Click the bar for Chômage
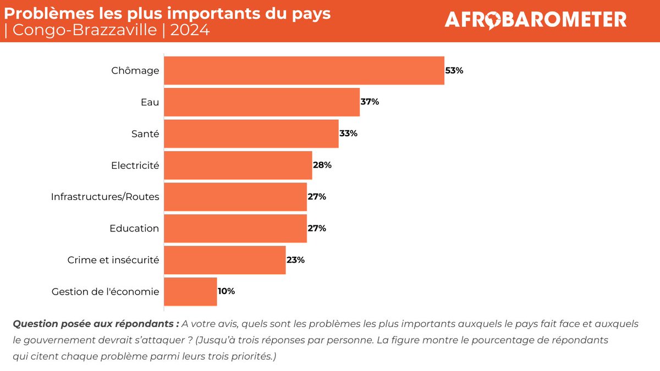304,71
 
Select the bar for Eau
262,102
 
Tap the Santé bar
251,134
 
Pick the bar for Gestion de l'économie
190,291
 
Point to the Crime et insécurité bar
225,260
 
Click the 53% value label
454,71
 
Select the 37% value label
370,102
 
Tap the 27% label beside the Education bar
317,228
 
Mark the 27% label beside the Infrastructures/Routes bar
317,197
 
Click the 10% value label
227,291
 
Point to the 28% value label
322,165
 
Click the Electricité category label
135,165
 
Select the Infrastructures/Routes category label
105,197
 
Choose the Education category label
134,228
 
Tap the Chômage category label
135,71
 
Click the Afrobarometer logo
535,20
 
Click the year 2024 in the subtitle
190,30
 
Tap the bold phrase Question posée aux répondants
96,323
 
